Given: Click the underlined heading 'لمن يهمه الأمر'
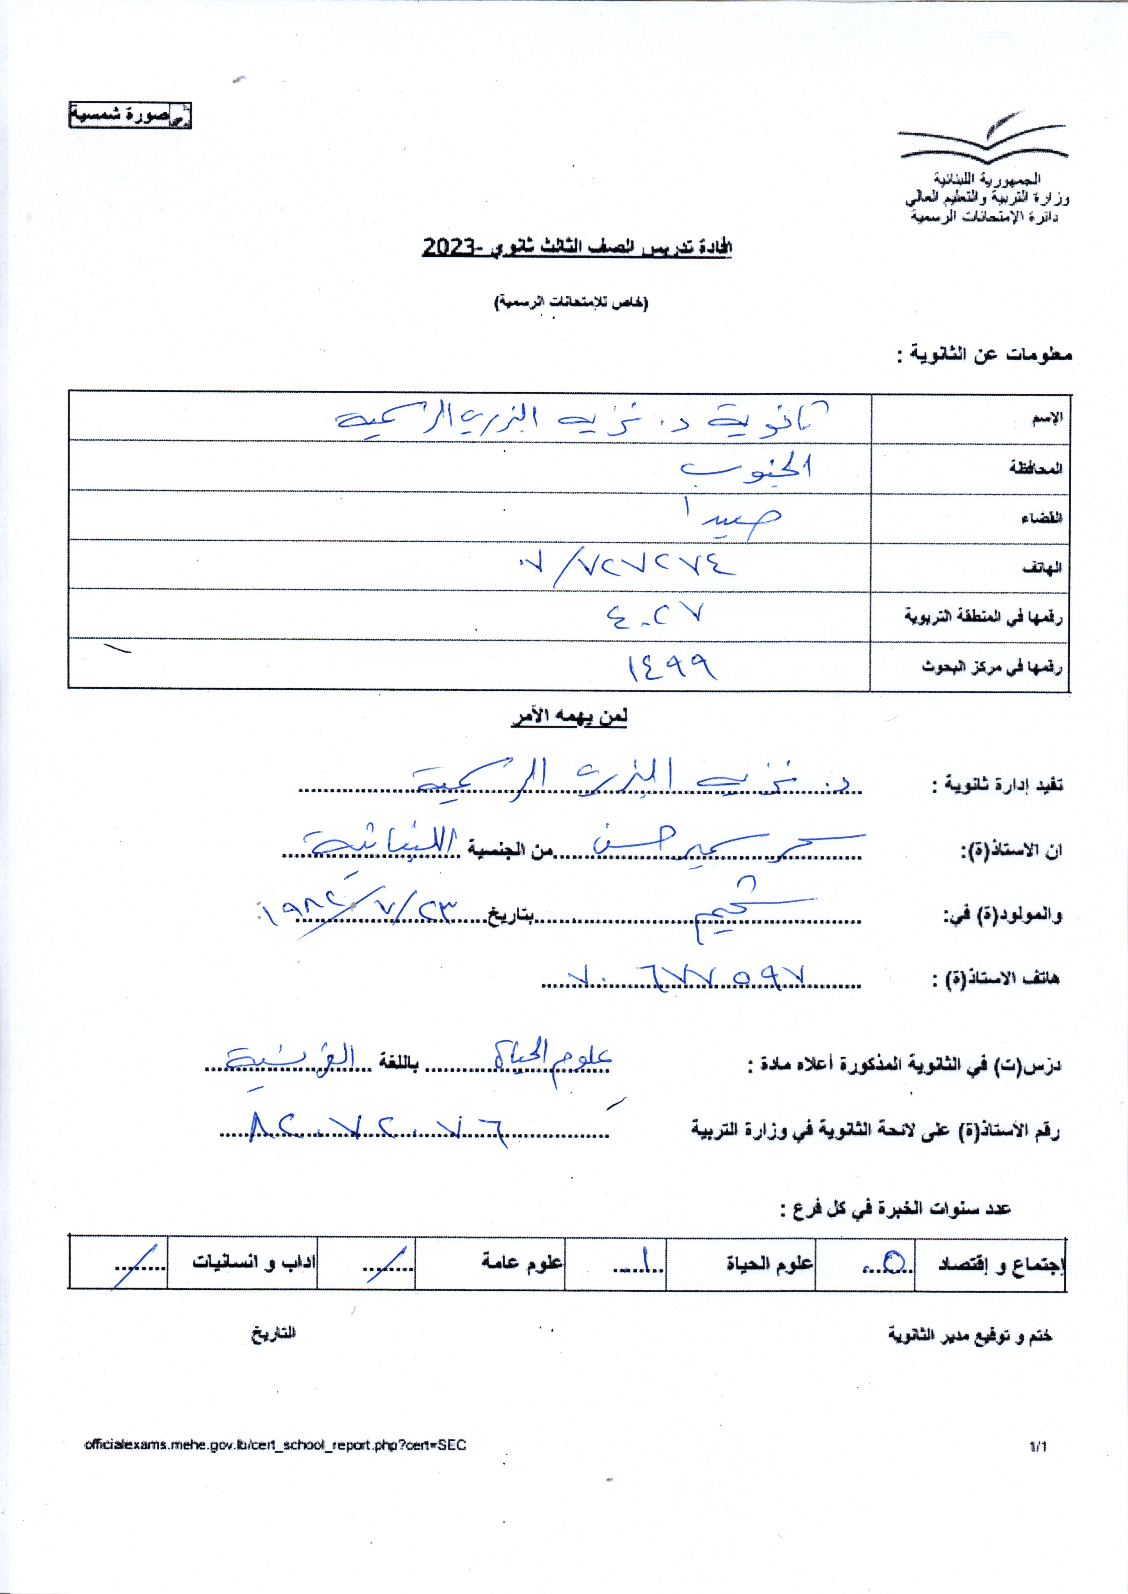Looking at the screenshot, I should (x=569, y=717).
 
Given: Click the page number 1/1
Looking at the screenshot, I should (x=1037, y=1445).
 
